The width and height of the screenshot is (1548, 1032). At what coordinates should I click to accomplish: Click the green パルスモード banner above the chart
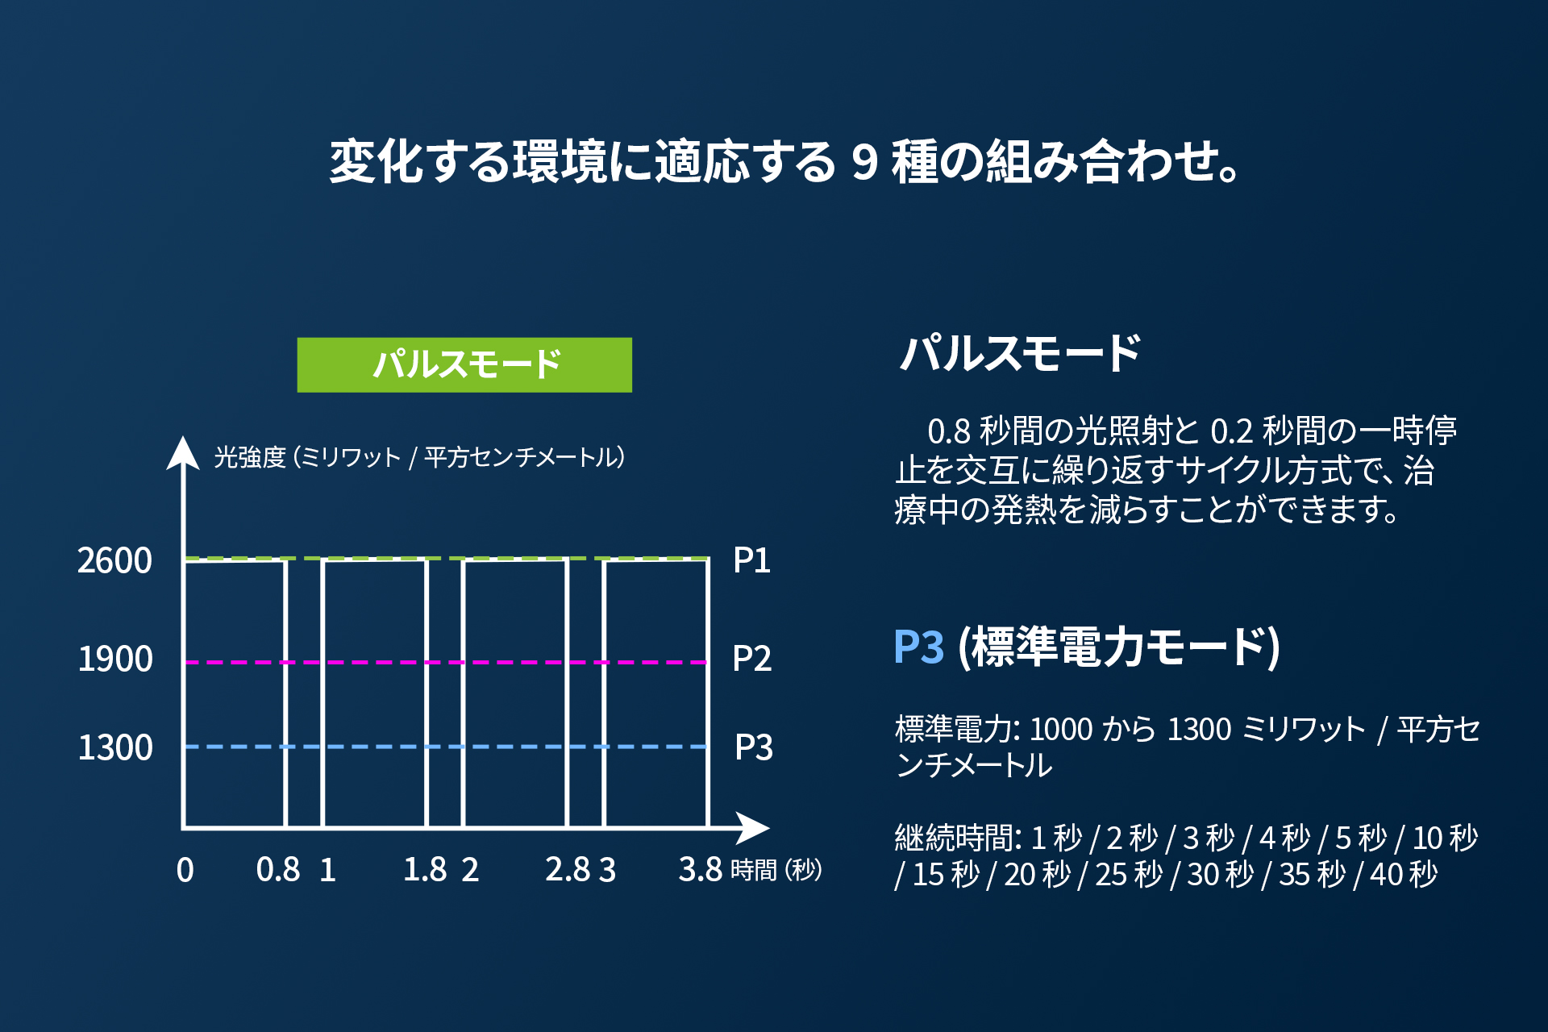point(464,364)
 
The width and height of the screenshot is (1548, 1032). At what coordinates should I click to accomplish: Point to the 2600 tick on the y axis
point(114,560)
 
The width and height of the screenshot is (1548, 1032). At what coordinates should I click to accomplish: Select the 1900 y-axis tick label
point(114,660)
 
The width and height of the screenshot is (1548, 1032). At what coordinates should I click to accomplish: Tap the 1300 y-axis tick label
point(114,748)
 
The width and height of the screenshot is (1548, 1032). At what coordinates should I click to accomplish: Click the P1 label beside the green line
point(751,560)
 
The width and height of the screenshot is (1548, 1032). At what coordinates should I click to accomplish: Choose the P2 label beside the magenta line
point(751,659)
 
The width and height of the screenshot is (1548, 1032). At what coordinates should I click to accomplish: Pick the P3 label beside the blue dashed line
point(753,747)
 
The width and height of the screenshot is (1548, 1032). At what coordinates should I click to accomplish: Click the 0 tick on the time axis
point(185,870)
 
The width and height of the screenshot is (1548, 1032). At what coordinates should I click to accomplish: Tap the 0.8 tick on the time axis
point(278,870)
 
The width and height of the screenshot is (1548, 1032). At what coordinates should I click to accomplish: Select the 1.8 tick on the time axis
point(425,870)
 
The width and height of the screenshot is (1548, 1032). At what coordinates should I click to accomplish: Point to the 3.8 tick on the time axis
point(700,870)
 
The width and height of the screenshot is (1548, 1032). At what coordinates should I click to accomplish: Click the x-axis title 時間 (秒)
point(776,870)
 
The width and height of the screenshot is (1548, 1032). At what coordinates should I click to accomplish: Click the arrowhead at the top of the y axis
point(183,452)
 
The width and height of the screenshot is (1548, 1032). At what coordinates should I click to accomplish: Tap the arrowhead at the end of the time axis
point(753,828)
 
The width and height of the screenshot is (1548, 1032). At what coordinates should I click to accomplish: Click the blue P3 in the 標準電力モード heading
point(918,647)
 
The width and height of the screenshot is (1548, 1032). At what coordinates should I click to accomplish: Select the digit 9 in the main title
point(863,161)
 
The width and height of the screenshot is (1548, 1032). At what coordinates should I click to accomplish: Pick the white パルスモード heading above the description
point(1020,353)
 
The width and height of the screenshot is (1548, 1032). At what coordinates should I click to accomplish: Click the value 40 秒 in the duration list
point(1404,874)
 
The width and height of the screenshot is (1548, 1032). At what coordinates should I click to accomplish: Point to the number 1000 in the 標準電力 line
point(1061,729)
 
